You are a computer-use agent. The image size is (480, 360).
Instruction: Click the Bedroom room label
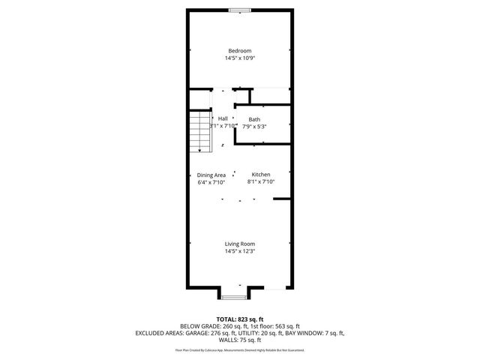click(x=240, y=50)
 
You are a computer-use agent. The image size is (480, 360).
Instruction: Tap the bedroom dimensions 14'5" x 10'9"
click(x=240, y=58)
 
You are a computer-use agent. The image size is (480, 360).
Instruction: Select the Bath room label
click(x=255, y=119)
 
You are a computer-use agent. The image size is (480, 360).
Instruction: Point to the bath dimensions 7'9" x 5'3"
click(x=255, y=127)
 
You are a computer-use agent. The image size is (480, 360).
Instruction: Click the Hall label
click(x=223, y=119)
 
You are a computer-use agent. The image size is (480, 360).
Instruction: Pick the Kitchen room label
click(x=261, y=174)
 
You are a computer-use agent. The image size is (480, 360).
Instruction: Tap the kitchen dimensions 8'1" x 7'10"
click(x=261, y=181)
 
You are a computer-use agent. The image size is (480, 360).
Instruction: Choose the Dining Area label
click(x=211, y=175)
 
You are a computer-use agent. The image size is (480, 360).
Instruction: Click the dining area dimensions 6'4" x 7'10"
click(x=211, y=182)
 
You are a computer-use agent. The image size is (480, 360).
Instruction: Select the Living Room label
click(x=240, y=244)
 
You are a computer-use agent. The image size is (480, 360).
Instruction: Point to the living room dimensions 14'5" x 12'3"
click(x=240, y=251)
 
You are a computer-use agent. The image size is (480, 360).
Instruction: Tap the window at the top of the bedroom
click(x=240, y=10)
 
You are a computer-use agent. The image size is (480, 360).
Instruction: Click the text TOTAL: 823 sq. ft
click(x=240, y=319)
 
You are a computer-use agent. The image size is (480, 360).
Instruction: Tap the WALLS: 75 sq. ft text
click(x=240, y=340)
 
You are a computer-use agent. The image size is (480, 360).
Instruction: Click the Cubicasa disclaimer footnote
click(x=240, y=349)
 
